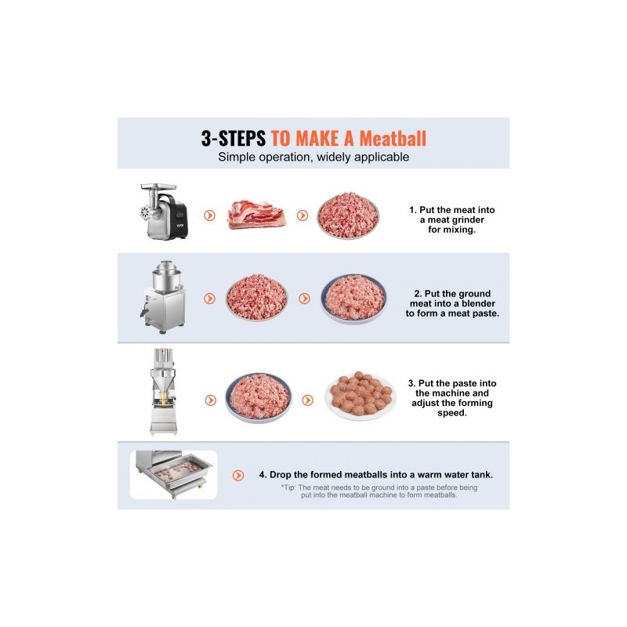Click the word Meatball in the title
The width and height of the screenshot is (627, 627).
click(393, 139)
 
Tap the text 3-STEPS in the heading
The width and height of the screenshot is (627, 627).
click(234, 139)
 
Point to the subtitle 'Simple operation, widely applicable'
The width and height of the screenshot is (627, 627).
click(313, 158)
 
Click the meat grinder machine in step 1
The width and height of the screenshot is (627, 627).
click(164, 211)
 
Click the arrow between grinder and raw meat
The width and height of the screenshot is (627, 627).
click(209, 216)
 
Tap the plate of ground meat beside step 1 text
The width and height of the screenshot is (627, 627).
click(348, 216)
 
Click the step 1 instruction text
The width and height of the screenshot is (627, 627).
click(452, 219)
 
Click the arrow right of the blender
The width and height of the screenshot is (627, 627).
click(209, 299)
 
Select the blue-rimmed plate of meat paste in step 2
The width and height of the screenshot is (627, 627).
click(353, 299)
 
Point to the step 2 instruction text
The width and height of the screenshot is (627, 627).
click(452, 303)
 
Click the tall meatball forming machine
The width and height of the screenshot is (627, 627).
click(164, 391)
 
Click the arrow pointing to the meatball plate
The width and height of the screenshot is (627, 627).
click(307, 400)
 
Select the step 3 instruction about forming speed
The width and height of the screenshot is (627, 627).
click(452, 398)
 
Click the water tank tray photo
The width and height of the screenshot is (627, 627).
click(173, 475)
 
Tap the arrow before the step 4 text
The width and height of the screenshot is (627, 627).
click(238, 475)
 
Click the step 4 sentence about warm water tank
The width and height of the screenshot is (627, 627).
click(376, 475)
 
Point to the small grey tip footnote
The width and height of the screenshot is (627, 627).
click(379, 491)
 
